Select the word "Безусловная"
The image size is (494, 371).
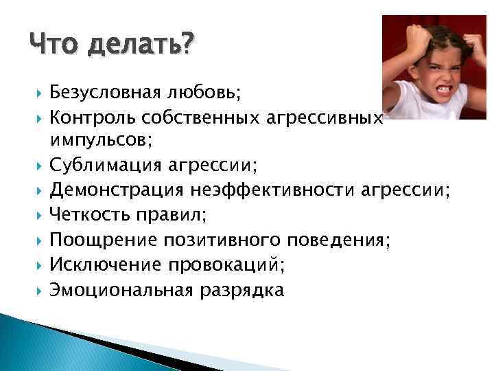103,92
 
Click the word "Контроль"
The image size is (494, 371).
87,119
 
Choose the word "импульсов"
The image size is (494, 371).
97,142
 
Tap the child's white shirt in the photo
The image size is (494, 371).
425,110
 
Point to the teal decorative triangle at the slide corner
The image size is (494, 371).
41,344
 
